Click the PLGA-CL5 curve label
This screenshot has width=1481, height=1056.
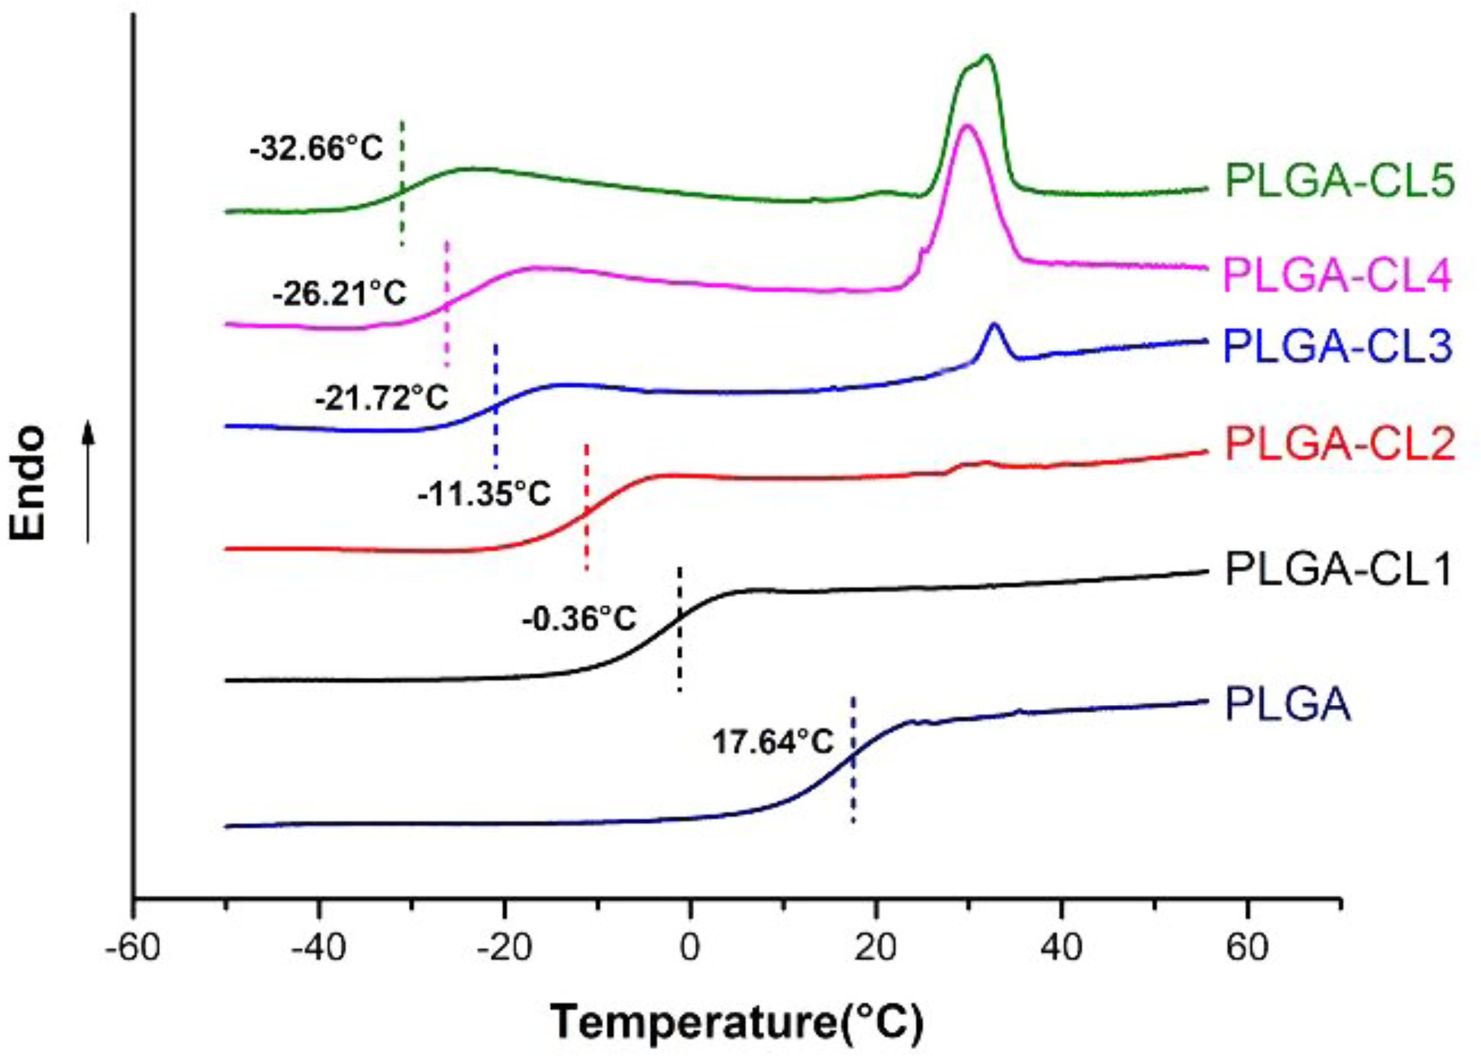tap(1339, 182)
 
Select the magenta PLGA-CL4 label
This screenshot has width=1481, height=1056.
tap(1337, 275)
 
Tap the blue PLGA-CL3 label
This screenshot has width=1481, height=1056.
tap(1337, 346)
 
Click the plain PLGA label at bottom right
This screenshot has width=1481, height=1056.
tap(1288, 705)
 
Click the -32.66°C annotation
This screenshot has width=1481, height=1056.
tap(317, 149)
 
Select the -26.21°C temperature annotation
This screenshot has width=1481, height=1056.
tap(339, 294)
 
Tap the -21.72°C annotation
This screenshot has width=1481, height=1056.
tap(381, 399)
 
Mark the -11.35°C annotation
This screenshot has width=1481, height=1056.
tap(485, 493)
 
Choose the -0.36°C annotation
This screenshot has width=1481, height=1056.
tap(579, 619)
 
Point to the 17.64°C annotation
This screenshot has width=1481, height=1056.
tap(773, 742)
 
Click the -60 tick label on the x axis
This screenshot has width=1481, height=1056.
tap(133, 946)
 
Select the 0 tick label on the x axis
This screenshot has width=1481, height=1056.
tap(689, 946)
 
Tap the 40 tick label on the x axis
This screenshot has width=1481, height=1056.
tap(1061, 946)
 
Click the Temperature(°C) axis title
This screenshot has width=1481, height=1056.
tap(737, 1022)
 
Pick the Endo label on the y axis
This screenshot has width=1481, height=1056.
tap(29, 483)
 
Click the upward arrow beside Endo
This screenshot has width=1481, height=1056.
tap(89, 483)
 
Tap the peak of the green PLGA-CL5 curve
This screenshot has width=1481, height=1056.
tap(986, 57)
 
